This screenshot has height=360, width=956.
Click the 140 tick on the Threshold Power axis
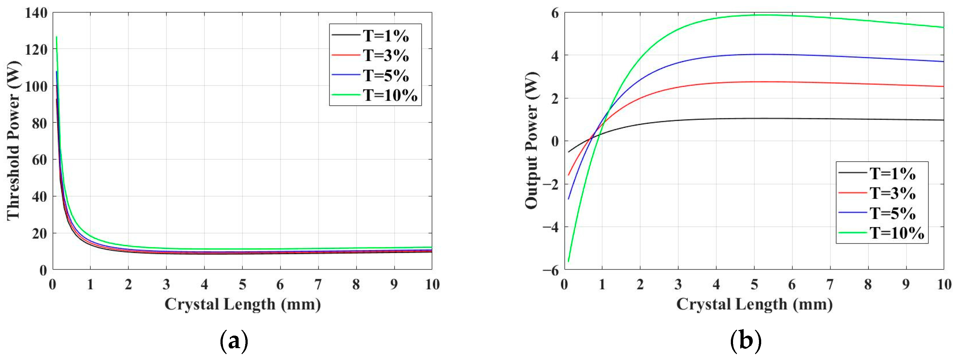click(x=36, y=13)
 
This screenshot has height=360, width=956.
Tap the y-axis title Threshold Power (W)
click(x=13, y=141)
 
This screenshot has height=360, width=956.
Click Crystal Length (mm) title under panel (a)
click(x=243, y=304)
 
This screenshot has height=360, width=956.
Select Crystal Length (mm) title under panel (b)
click(x=754, y=304)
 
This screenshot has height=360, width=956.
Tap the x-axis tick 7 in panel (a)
click(x=318, y=285)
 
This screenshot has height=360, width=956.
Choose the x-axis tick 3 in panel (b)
click(x=678, y=285)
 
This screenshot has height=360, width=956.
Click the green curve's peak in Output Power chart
click(x=765, y=15)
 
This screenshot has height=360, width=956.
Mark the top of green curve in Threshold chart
click(x=56, y=37)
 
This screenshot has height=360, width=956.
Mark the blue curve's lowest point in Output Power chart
click(x=568, y=199)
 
